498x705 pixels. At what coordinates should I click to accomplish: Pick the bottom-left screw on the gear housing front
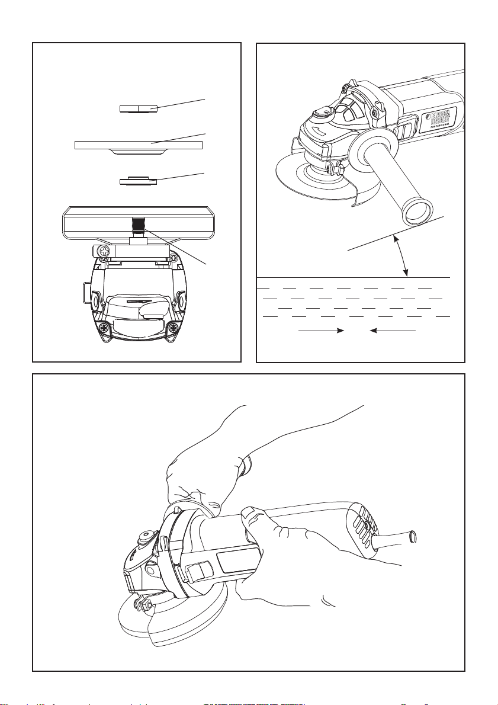(x=104, y=327)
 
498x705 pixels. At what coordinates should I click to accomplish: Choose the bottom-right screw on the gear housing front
(x=173, y=327)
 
